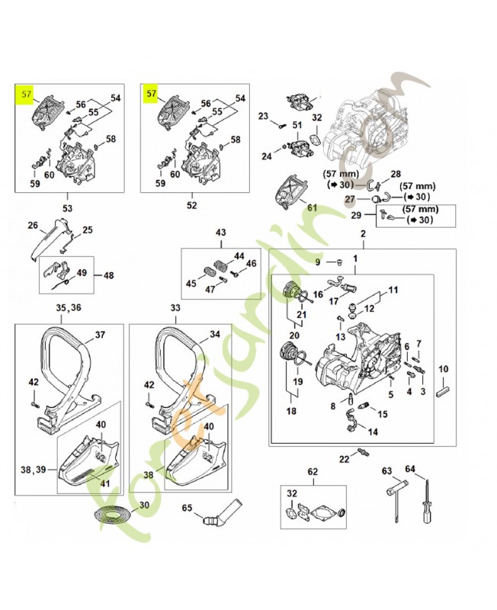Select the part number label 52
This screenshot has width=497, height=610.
pos(191,206)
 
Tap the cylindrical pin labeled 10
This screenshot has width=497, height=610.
pos(443,393)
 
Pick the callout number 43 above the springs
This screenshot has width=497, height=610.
pos(221,232)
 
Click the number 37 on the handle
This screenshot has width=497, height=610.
pos(99,334)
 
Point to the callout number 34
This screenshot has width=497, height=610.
pos(215,334)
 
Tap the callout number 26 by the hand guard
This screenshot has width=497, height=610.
pos(32,225)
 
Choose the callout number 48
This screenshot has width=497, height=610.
pos(108,275)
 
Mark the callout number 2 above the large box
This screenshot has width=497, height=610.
pos(362,233)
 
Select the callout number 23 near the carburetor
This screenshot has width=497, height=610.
pos(264,117)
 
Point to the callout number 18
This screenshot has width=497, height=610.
pos(290,410)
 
